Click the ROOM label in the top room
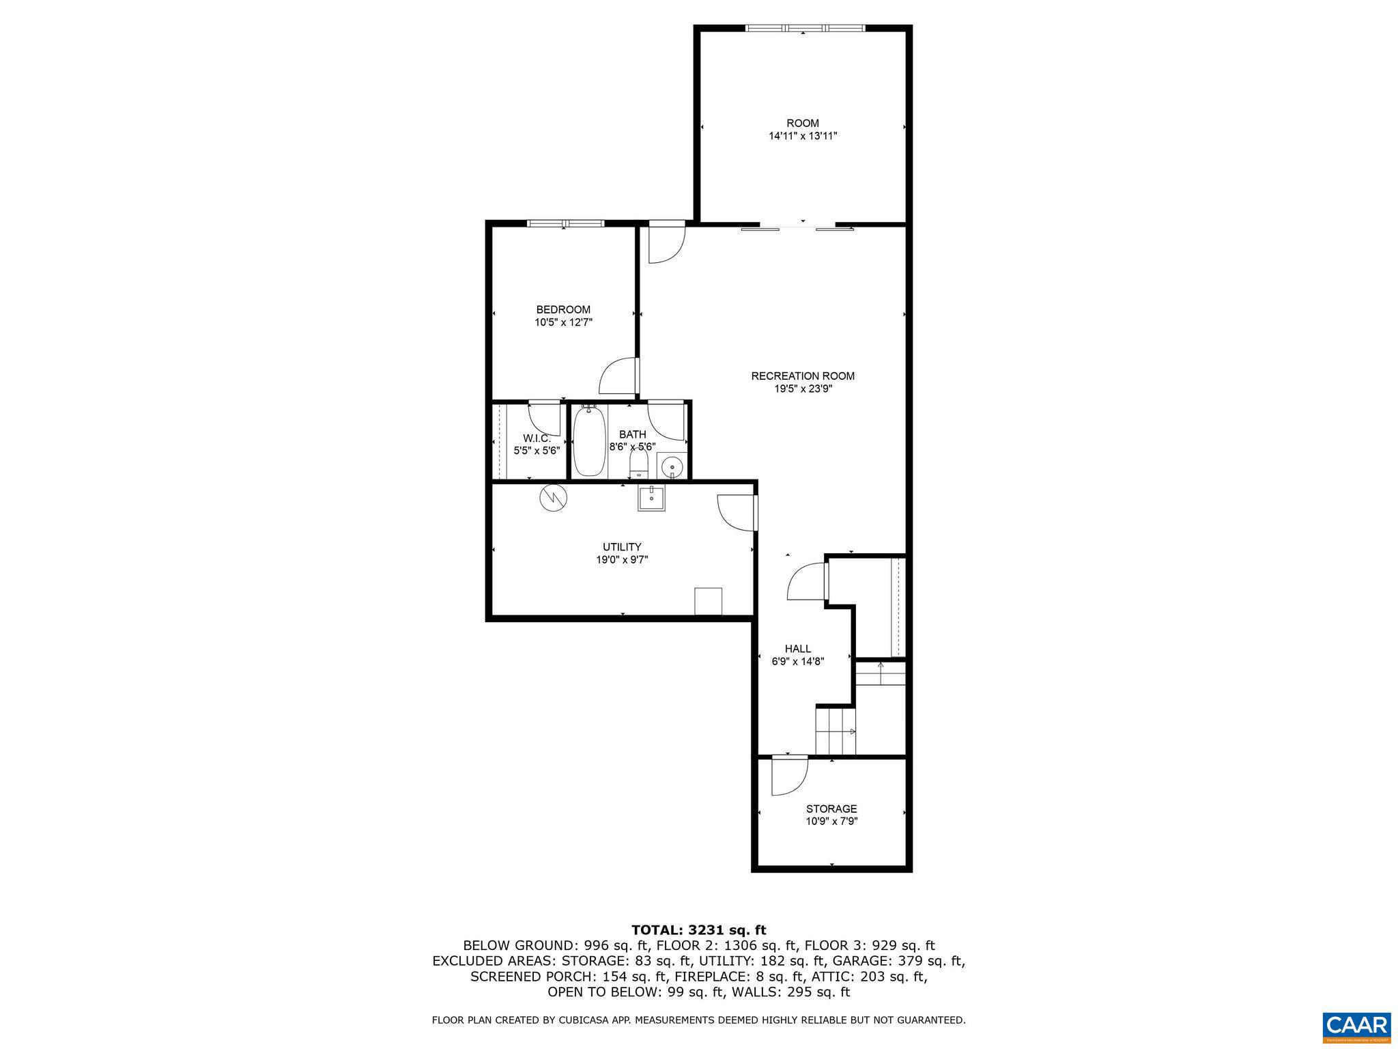pyautogui.click(x=802, y=124)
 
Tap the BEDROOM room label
pyautogui.click(x=563, y=310)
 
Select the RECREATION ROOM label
pyautogui.click(x=803, y=376)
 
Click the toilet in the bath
pyautogui.click(x=638, y=464)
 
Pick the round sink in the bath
pyautogui.click(x=672, y=467)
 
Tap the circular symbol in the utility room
pyautogui.click(x=553, y=497)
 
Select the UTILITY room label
pyautogui.click(x=622, y=547)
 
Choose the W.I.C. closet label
pyautogui.click(x=537, y=438)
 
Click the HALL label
pyautogui.click(x=798, y=649)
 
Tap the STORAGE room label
pyautogui.click(x=831, y=809)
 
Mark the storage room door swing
pyautogui.click(x=788, y=777)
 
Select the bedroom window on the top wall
pyautogui.click(x=566, y=223)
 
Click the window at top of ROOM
pyautogui.click(x=804, y=28)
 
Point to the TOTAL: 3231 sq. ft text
pyautogui.click(x=698, y=930)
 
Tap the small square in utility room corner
pyautogui.click(x=708, y=601)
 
